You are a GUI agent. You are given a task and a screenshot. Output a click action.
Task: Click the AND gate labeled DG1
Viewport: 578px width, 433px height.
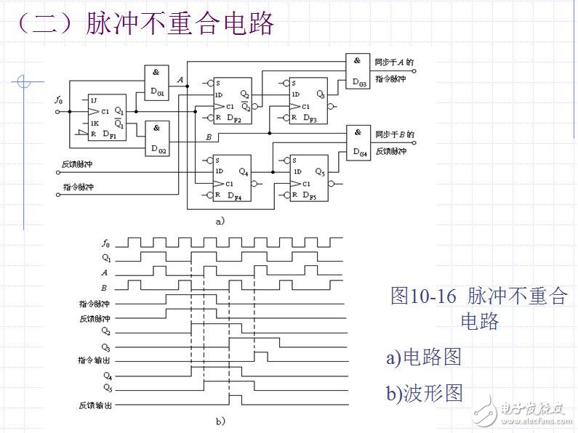click(156, 81)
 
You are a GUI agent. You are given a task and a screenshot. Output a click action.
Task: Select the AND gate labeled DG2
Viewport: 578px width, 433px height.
click(156, 137)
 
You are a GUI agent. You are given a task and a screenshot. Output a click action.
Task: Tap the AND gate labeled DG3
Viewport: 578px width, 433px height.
click(358, 71)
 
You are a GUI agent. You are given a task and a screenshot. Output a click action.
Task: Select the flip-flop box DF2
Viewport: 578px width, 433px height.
click(231, 100)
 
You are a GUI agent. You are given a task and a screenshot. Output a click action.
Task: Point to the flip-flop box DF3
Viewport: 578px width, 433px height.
click(307, 100)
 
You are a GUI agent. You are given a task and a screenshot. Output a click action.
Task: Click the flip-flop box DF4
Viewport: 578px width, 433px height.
click(231, 177)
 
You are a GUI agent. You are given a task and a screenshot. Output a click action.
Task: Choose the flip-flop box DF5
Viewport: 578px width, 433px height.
click(307, 177)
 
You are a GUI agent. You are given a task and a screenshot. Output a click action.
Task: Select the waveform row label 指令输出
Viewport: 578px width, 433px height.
click(95, 360)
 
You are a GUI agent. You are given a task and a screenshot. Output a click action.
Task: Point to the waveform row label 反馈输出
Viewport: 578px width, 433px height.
click(95, 405)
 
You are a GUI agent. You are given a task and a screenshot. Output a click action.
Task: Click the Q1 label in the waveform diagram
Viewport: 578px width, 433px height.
click(107, 256)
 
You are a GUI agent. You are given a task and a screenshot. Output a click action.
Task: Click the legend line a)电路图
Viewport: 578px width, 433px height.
click(423, 357)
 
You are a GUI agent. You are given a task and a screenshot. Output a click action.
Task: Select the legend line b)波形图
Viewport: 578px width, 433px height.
click(424, 392)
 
